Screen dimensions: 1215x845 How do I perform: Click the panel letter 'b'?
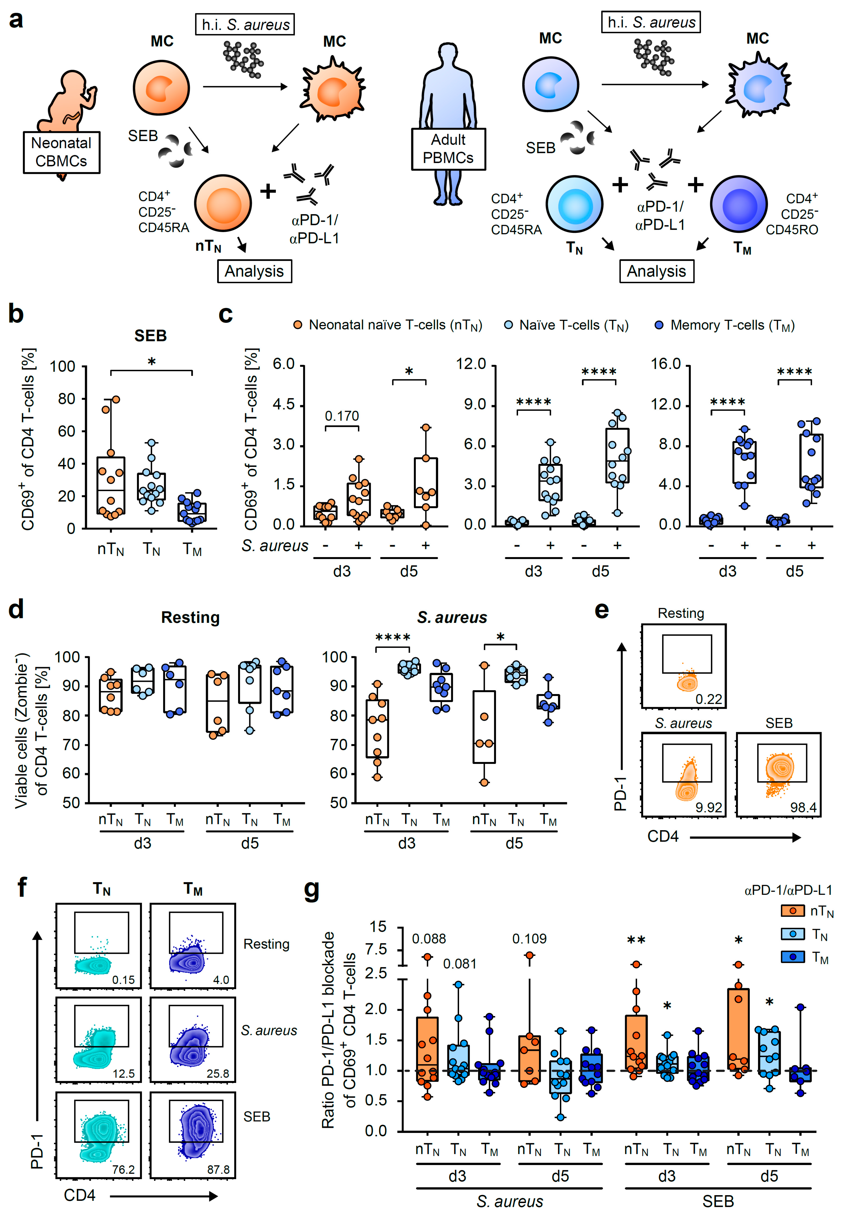pyautogui.click(x=16, y=314)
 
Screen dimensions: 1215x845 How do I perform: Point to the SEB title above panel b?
pyautogui.click(x=151, y=336)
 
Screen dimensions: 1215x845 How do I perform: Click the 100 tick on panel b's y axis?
pyautogui.click(x=63, y=366)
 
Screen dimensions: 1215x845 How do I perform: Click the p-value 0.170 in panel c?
pyautogui.click(x=342, y=416)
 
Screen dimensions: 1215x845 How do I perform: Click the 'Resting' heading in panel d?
pyautogui.click(x=191, y=617)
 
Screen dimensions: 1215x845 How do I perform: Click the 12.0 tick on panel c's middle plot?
pyautogui.click(x=472, y=364)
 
